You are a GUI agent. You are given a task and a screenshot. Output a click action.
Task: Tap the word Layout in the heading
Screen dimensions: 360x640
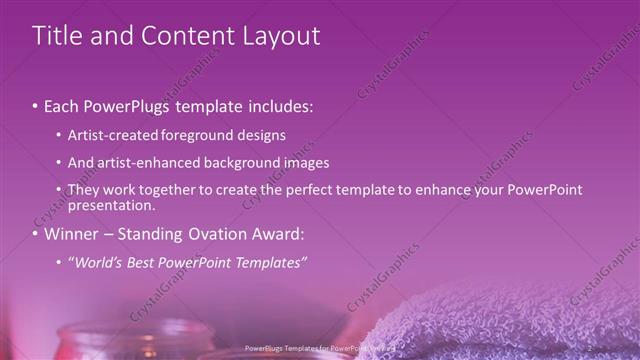point(276,36)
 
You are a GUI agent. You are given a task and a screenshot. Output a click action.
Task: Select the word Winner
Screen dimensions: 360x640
point(71,235)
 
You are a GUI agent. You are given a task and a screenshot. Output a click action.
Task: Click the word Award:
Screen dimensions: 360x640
point(275,235)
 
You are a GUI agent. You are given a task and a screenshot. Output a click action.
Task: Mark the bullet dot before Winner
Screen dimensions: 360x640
point(35,236)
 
